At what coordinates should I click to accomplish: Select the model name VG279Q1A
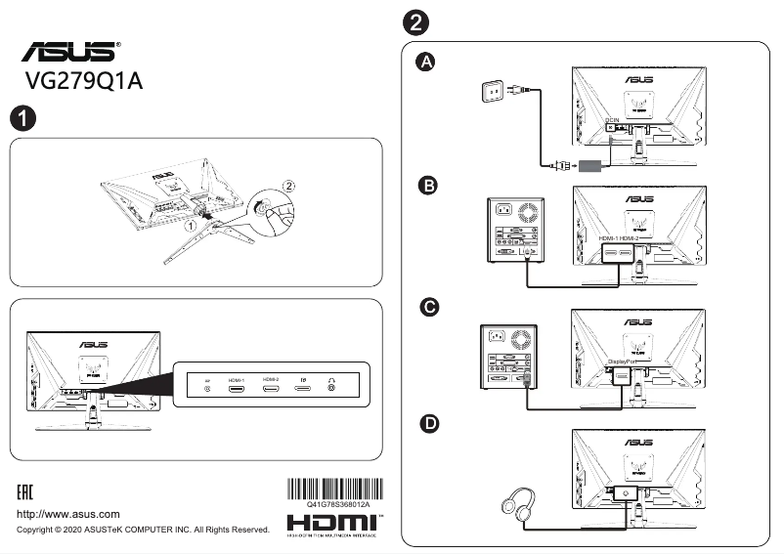click(85, 82)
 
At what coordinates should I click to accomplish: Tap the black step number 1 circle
click(22, 119)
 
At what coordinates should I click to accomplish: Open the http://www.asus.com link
click(68, 514)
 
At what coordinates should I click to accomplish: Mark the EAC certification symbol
click(32, 489)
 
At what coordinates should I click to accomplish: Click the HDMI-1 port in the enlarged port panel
click(237, 389)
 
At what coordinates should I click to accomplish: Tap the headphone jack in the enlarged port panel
click(334, 389)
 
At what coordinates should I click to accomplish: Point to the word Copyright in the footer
click(42, 530)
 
